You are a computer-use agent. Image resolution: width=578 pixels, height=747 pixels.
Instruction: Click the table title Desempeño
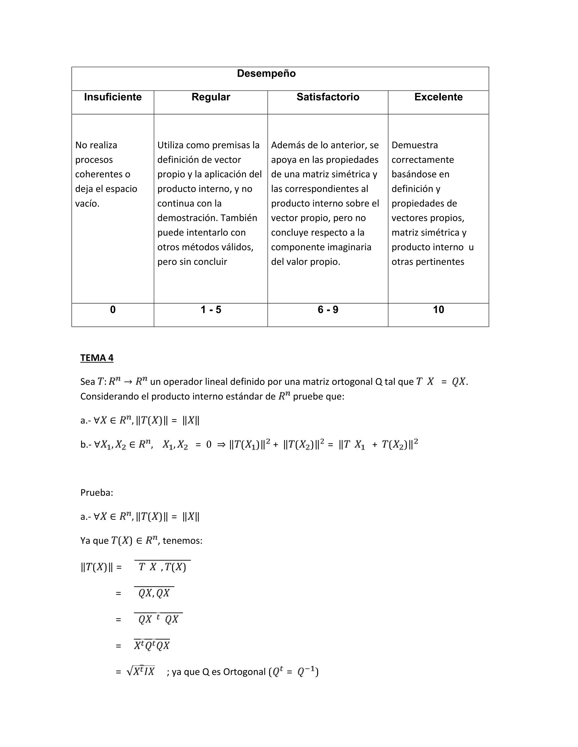click(x=266, y=74)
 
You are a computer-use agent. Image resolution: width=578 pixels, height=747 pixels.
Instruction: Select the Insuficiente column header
click(x=113, y=97)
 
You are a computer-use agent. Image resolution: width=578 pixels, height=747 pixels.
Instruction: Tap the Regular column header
click(x=211, y=97)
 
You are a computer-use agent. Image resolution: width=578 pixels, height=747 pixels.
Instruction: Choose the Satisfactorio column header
click(x=328, y=97)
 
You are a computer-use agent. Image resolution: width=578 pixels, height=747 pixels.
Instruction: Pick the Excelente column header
click(x=438, y=97)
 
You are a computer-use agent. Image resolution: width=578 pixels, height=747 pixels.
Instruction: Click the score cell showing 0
click(x=113, y=310)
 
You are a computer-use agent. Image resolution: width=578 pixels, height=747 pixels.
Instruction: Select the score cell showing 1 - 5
click(x=211, y=310)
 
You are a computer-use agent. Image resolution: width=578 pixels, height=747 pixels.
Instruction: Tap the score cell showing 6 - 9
click(x=328, y=310)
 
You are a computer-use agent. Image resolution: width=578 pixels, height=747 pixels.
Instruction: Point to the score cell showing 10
click(x=438, y=310)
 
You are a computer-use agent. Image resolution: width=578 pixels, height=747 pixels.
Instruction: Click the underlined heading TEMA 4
click(x=97, y=358)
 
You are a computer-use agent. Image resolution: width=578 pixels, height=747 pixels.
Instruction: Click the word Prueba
click(x=96, y=493)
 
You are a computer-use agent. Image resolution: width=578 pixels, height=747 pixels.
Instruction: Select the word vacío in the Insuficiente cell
click(x=87, y=204)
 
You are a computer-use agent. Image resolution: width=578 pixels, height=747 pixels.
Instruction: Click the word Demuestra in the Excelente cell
click(x=414, y=145)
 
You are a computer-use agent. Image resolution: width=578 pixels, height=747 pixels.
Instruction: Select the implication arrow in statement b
click(x=221, y=445)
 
